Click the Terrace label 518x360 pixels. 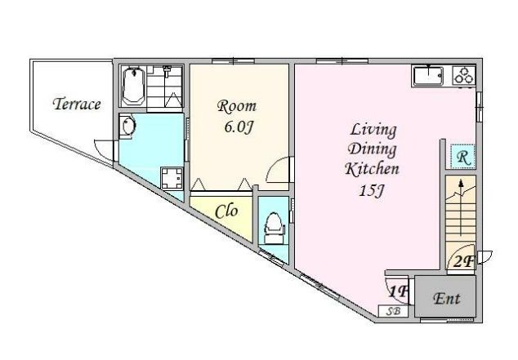pyautogui.click(x=77, y=104)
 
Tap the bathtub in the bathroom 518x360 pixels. pyautogui.click(x=133, y=86)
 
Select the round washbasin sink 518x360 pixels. pyautogui.click(x=127, y=126)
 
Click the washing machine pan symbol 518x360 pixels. pyautogui.click(x=172, y=178)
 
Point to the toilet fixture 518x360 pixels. pyautogui.click(x=273, y=228)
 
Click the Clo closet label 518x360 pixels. pyautogui.click(x=226, y=211)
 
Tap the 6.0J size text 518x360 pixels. pyautogui.click(x=239, y=127)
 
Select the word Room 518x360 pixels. pyautogui.click(x=237, y=106)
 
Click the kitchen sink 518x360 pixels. pyautogui.click(x=428, y=76)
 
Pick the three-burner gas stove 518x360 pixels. pyautogui.click(x=463, y=76)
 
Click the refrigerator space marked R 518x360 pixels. pyautogui.click(x=463, y=157)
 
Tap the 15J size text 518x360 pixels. pyautogui.click(x=373, y=189)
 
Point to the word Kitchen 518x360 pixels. pyautogui.click(x=372, y=169)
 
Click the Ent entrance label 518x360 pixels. pyautogui.click(x=447, y=298)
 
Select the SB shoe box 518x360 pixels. pyautogui.click(x=393, y=311)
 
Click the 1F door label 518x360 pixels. pyautogui.click(x=399, y=291)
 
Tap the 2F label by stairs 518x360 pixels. pyautogui.click(x=463, y=262)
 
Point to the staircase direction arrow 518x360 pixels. pyautogui.click(x=461, y=207)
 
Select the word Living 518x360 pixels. pyautogui.click(x=373, y=130)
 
